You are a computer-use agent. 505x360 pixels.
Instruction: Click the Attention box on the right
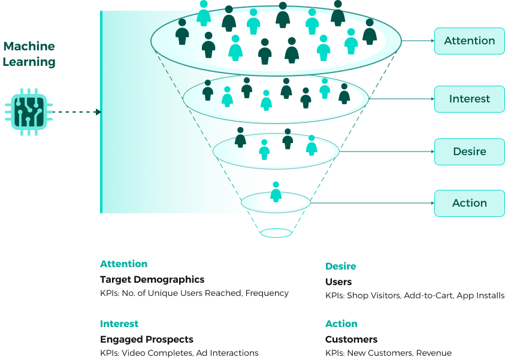(x=470, y=41)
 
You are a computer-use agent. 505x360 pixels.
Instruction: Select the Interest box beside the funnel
(x=470, y=99)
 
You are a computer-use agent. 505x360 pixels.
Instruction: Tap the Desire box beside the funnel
(x=470, y=152)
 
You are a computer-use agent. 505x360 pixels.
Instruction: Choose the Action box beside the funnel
(x=470, y=203)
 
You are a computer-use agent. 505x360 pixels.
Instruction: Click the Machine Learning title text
(x=29, y=54)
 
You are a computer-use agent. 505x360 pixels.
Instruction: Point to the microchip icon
(x=29, y=112)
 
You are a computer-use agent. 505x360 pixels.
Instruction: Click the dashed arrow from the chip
(x=77, y=112)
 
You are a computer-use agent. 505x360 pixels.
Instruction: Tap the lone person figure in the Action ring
(x=276, y=192)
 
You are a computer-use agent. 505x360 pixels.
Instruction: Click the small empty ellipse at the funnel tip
(x=276, y=233)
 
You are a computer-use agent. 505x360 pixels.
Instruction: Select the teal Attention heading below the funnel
(x=123, y=264)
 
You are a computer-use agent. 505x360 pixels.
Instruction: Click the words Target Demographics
(x=152, y=280)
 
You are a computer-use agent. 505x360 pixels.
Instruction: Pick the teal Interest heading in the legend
(x=119, y=323)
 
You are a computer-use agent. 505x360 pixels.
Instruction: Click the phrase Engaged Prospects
(x=147, y=340)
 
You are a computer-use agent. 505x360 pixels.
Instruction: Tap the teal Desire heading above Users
(x=341, y=267)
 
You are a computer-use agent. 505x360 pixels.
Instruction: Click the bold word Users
(x=338, y=282)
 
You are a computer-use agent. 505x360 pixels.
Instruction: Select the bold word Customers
(x=352, y=340)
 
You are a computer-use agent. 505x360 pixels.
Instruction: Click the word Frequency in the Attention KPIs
(x=267, y=294)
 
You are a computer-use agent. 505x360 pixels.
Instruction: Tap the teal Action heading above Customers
(x=341, y=323)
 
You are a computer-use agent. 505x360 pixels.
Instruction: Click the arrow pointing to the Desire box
(x=387, y=152)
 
